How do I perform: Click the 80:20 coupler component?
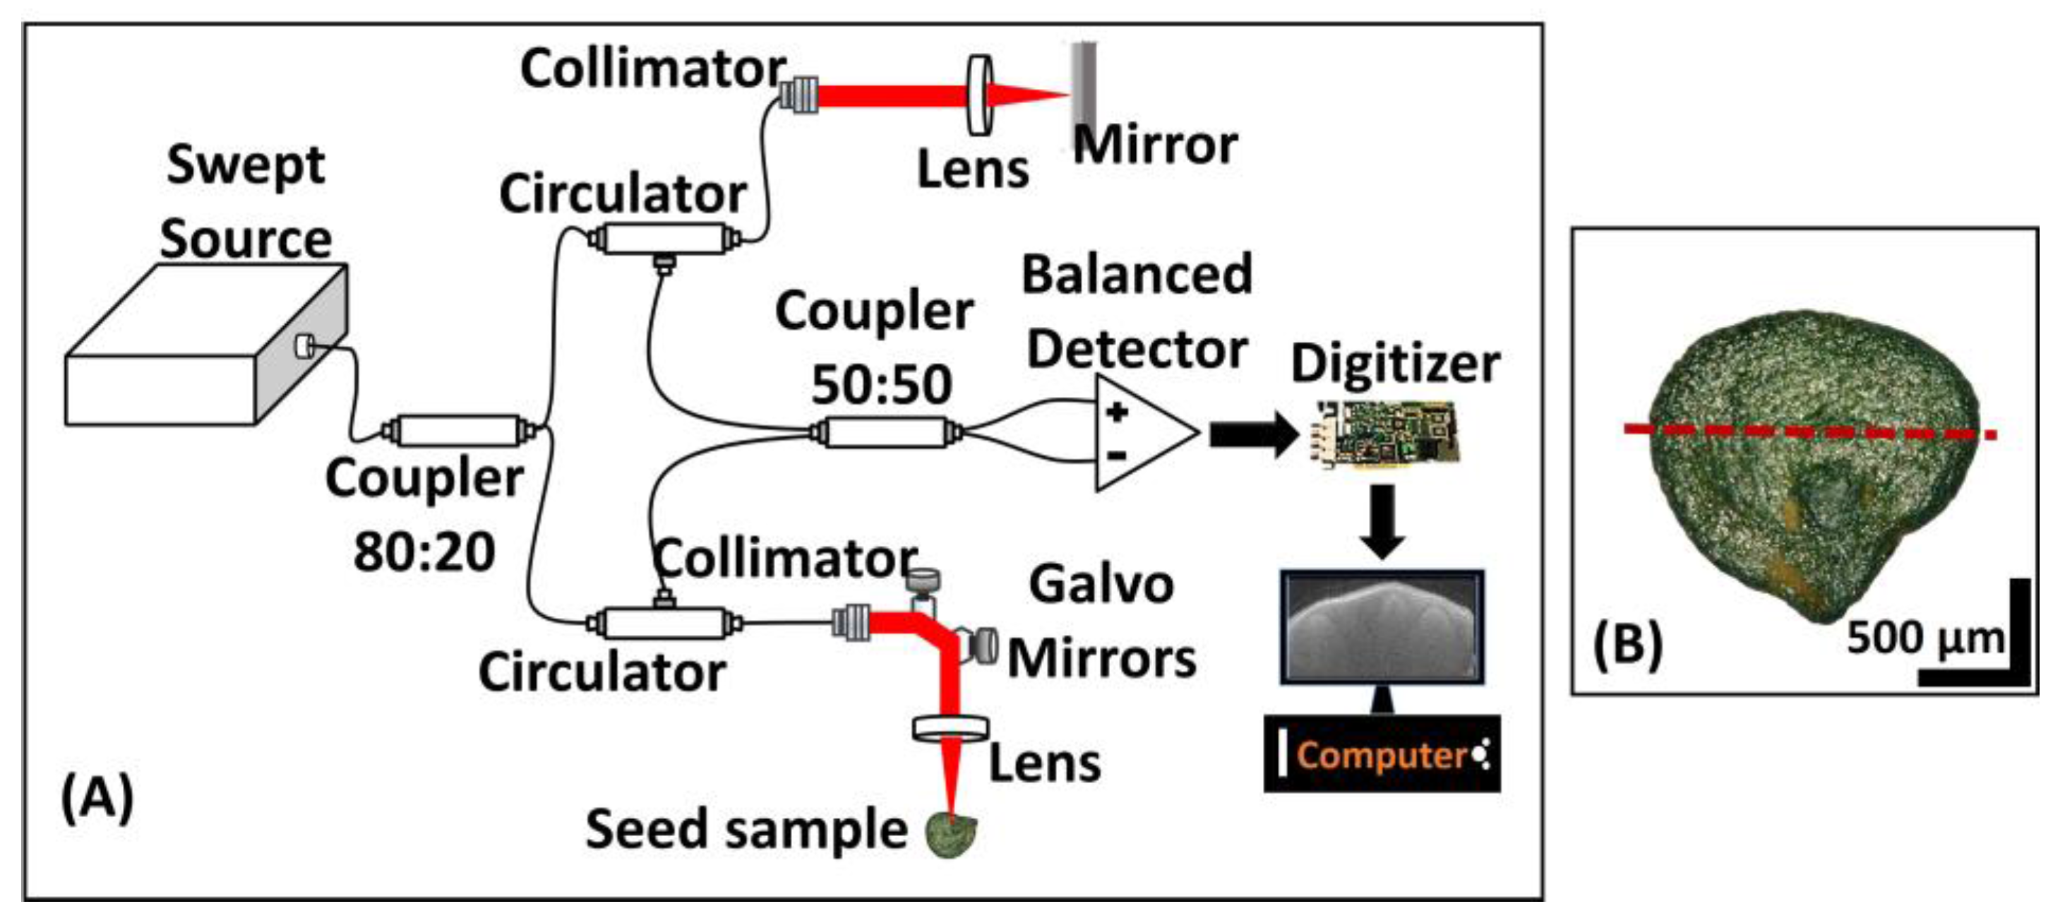(x=457, y=431)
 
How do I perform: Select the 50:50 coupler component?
(x=885, y=433)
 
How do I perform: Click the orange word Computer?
(x=1381, y=754)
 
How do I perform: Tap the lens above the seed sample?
(x=950, y=727)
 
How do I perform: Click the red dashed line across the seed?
(x=1809, y=431)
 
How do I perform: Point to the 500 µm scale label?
(x=1925, y=638)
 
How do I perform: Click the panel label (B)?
(x=1627, y=644)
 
